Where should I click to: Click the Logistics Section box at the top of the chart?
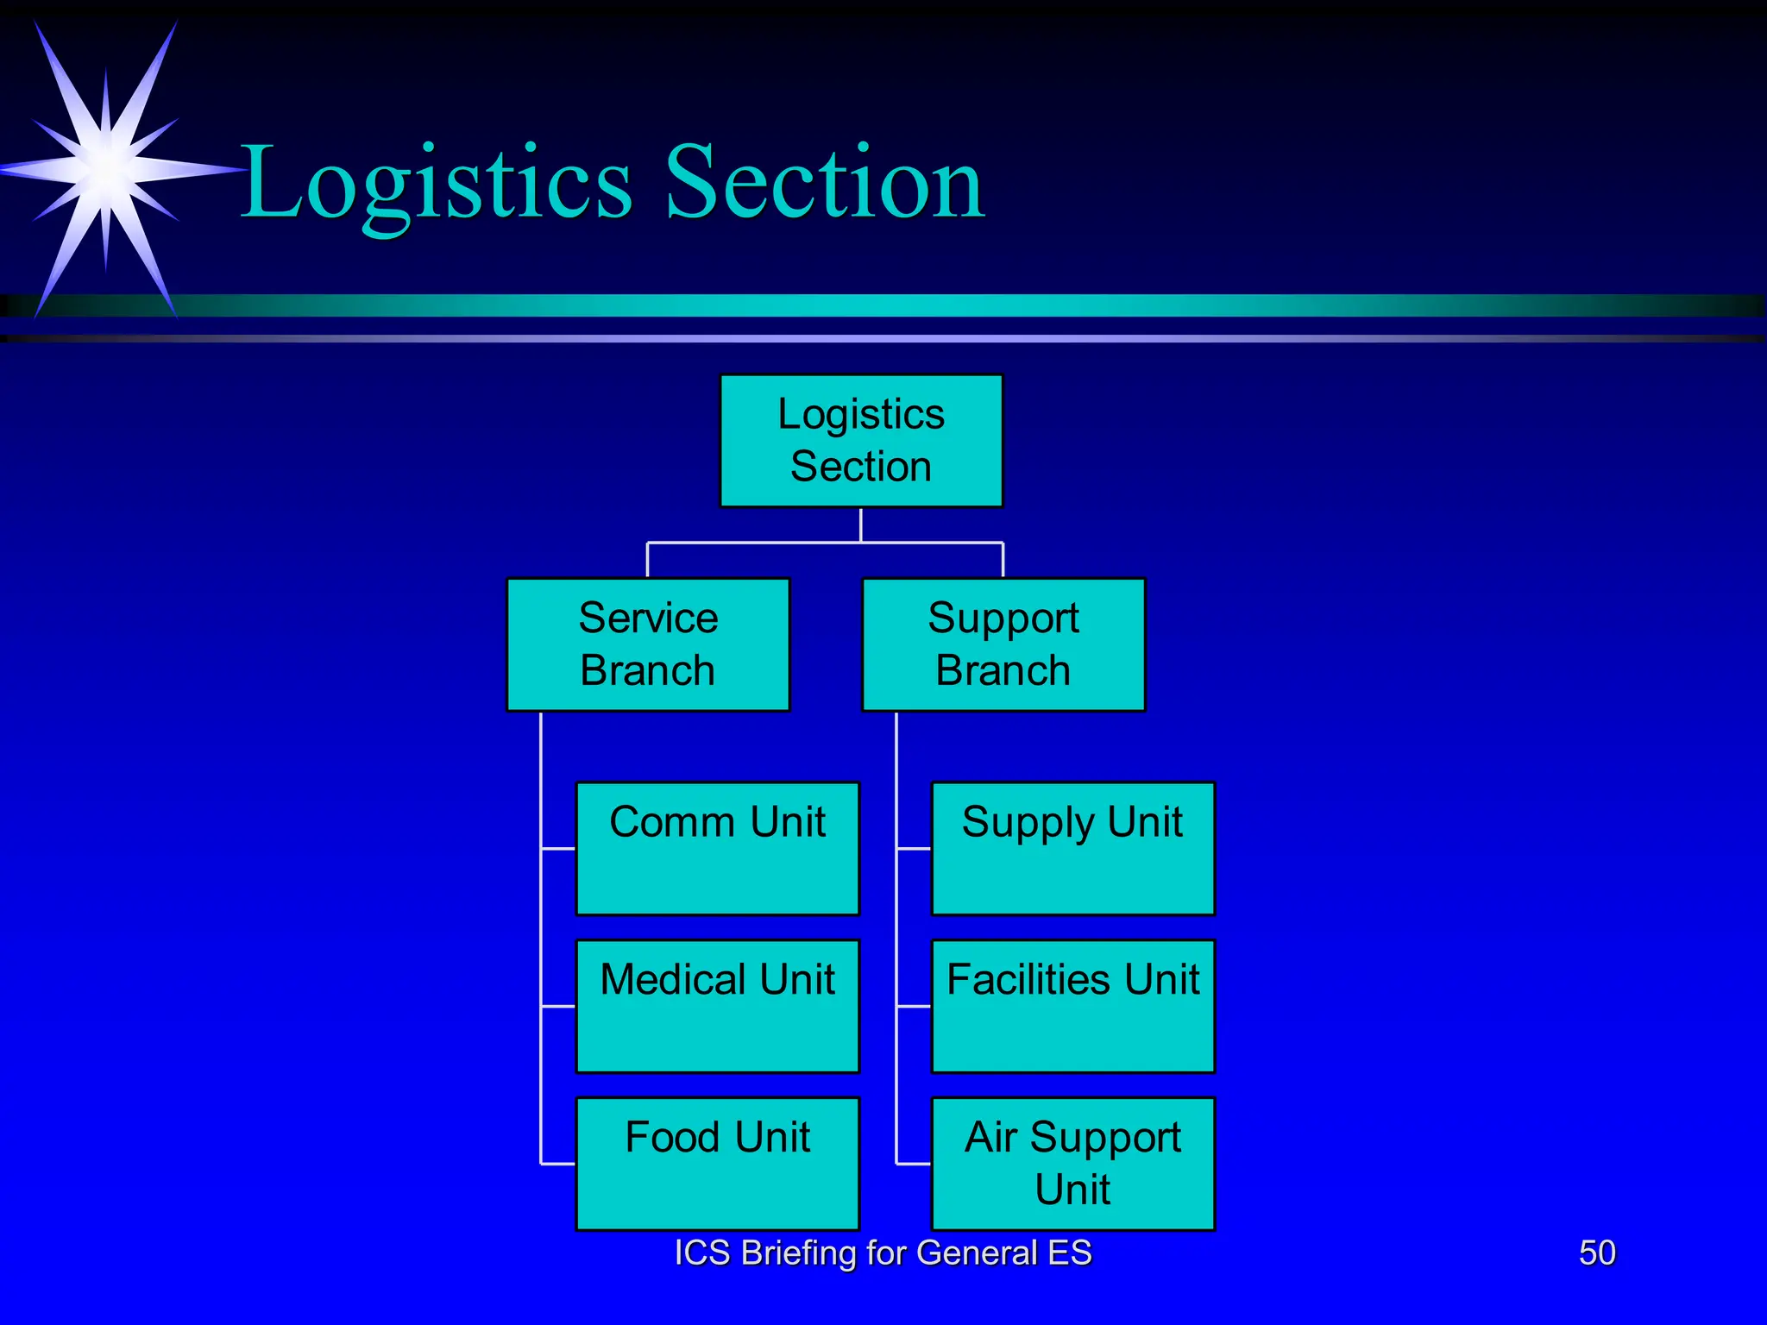[861, 441]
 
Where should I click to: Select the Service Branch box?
[648, 644]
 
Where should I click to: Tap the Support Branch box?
[1003, 644]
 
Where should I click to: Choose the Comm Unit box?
[717, 848]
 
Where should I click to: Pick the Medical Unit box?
[717, 1006]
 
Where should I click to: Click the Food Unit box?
[717, 1163]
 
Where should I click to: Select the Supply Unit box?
[1072, 848]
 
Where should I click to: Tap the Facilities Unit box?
[1072, 1006]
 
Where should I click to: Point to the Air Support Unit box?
[1072, 1163]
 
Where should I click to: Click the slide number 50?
[1597, 1253]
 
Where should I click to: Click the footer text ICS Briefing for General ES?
[883, 1253]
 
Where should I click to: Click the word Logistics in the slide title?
[436, 184]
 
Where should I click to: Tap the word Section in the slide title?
[824, 182]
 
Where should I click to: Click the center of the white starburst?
[106, 168]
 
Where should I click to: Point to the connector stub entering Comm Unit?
[558, 849]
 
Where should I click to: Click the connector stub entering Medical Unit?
[558, 1006]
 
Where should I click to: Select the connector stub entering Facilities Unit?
[914, 1006]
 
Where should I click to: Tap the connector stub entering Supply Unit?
[914, 849]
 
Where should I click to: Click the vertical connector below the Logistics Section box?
[861, 524]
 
